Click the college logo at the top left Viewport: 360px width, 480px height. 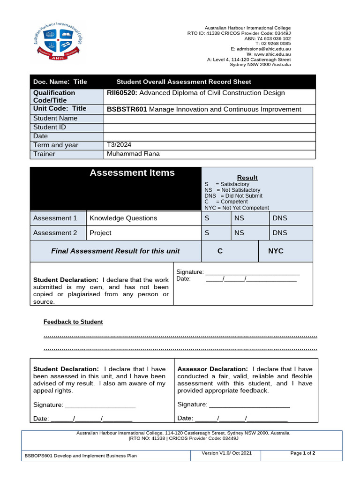(57, 42)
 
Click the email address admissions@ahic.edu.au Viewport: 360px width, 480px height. (264, 49)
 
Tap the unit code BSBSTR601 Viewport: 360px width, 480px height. (127, 109)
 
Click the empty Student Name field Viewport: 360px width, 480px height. (209, 118)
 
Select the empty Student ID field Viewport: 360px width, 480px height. (209, 127)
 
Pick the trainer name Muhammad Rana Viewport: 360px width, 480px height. (133, 154)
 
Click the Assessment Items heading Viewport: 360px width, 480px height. (132, 173)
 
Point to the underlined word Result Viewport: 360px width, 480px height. (247, 178)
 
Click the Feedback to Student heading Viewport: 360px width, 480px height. (73, 322)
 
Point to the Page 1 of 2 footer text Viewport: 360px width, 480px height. (303, 453)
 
